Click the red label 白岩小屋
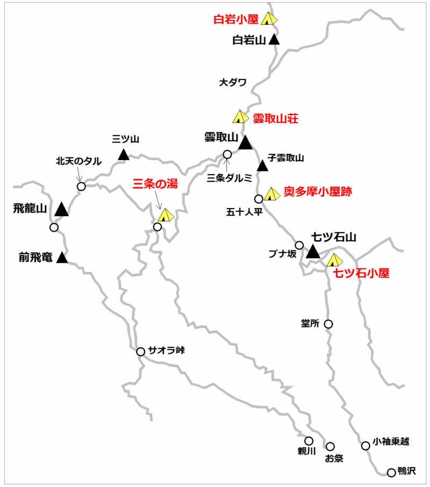tap(238, 19)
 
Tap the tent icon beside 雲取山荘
tap(239, 116)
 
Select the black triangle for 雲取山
tap(245, 143)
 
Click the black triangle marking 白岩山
tap(274, 39)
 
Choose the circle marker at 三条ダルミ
tap(227, 155)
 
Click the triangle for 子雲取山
tap(262, 166)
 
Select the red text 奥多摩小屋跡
tap(318, 192)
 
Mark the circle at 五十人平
tap(259, 198)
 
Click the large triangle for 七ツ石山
tap(313, 251)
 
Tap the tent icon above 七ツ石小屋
tap(334, 260)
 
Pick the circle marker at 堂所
tap(328, 324)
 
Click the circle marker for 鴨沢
tap(391, 472)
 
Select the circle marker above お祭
tap(330, 446)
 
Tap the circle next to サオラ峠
tap(140, 352)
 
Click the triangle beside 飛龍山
tap(62, 210)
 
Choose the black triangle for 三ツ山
tap(124, 155)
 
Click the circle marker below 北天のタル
tap(81, 186)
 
